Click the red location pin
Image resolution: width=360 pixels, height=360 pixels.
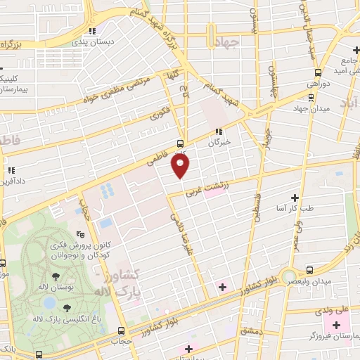tap(181, 166)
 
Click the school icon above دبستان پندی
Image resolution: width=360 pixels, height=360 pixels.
tap(92, 31)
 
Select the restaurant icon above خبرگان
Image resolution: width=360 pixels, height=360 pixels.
tap(219, 131)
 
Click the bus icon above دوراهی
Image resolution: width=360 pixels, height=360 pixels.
tap(319, 72)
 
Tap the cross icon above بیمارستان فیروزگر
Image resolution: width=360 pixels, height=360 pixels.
tap(336, 326)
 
